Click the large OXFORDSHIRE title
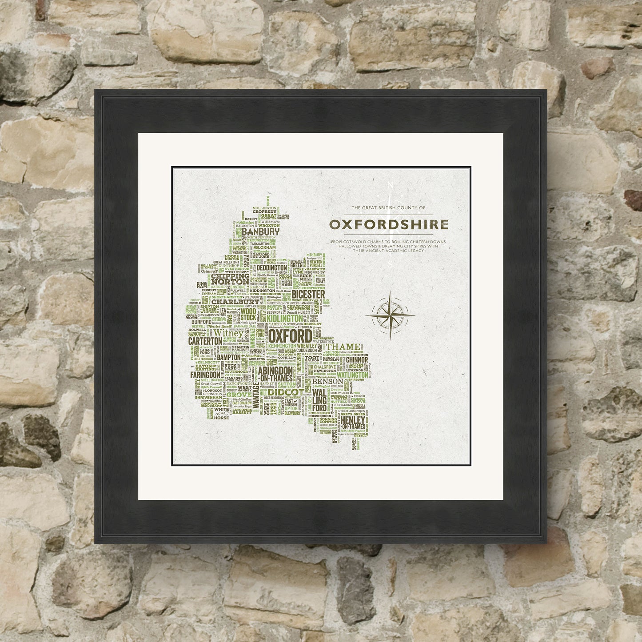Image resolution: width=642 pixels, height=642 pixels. coord(389,224)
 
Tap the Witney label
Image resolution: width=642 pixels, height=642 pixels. coord(229,333)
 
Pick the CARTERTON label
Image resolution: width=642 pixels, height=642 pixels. coord(205,340)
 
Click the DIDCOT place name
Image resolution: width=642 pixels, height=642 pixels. coord(286,393)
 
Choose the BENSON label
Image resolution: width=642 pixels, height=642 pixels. coord(328,381)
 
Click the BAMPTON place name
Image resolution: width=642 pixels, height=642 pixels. coord(229,356)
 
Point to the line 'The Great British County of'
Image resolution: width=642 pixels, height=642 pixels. coord(388,208)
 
